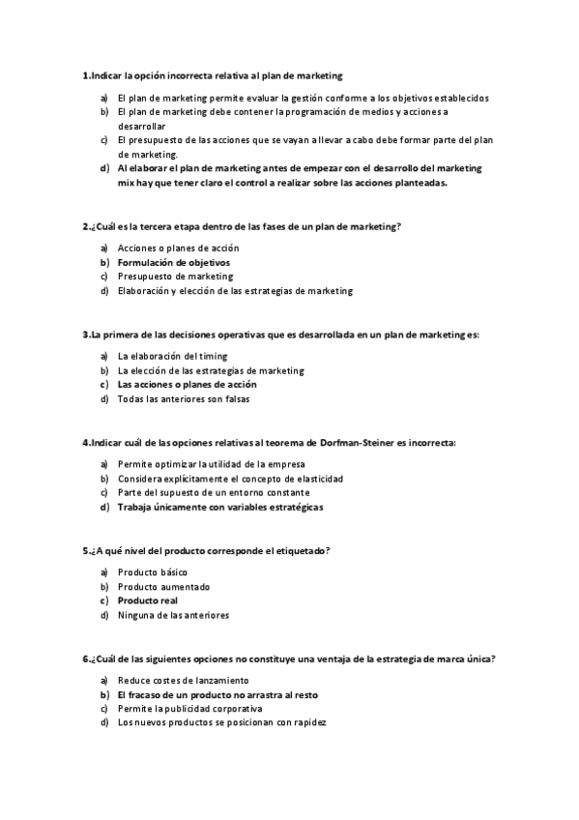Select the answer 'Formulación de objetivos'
(174, 262)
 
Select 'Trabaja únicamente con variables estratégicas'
(220, 507)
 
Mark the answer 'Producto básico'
(152, 572)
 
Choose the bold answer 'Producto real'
(148, 600)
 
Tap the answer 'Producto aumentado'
(163, 586)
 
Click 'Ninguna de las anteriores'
(173, 614)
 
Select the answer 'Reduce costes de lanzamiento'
(183, 681)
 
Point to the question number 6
(85, 659)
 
